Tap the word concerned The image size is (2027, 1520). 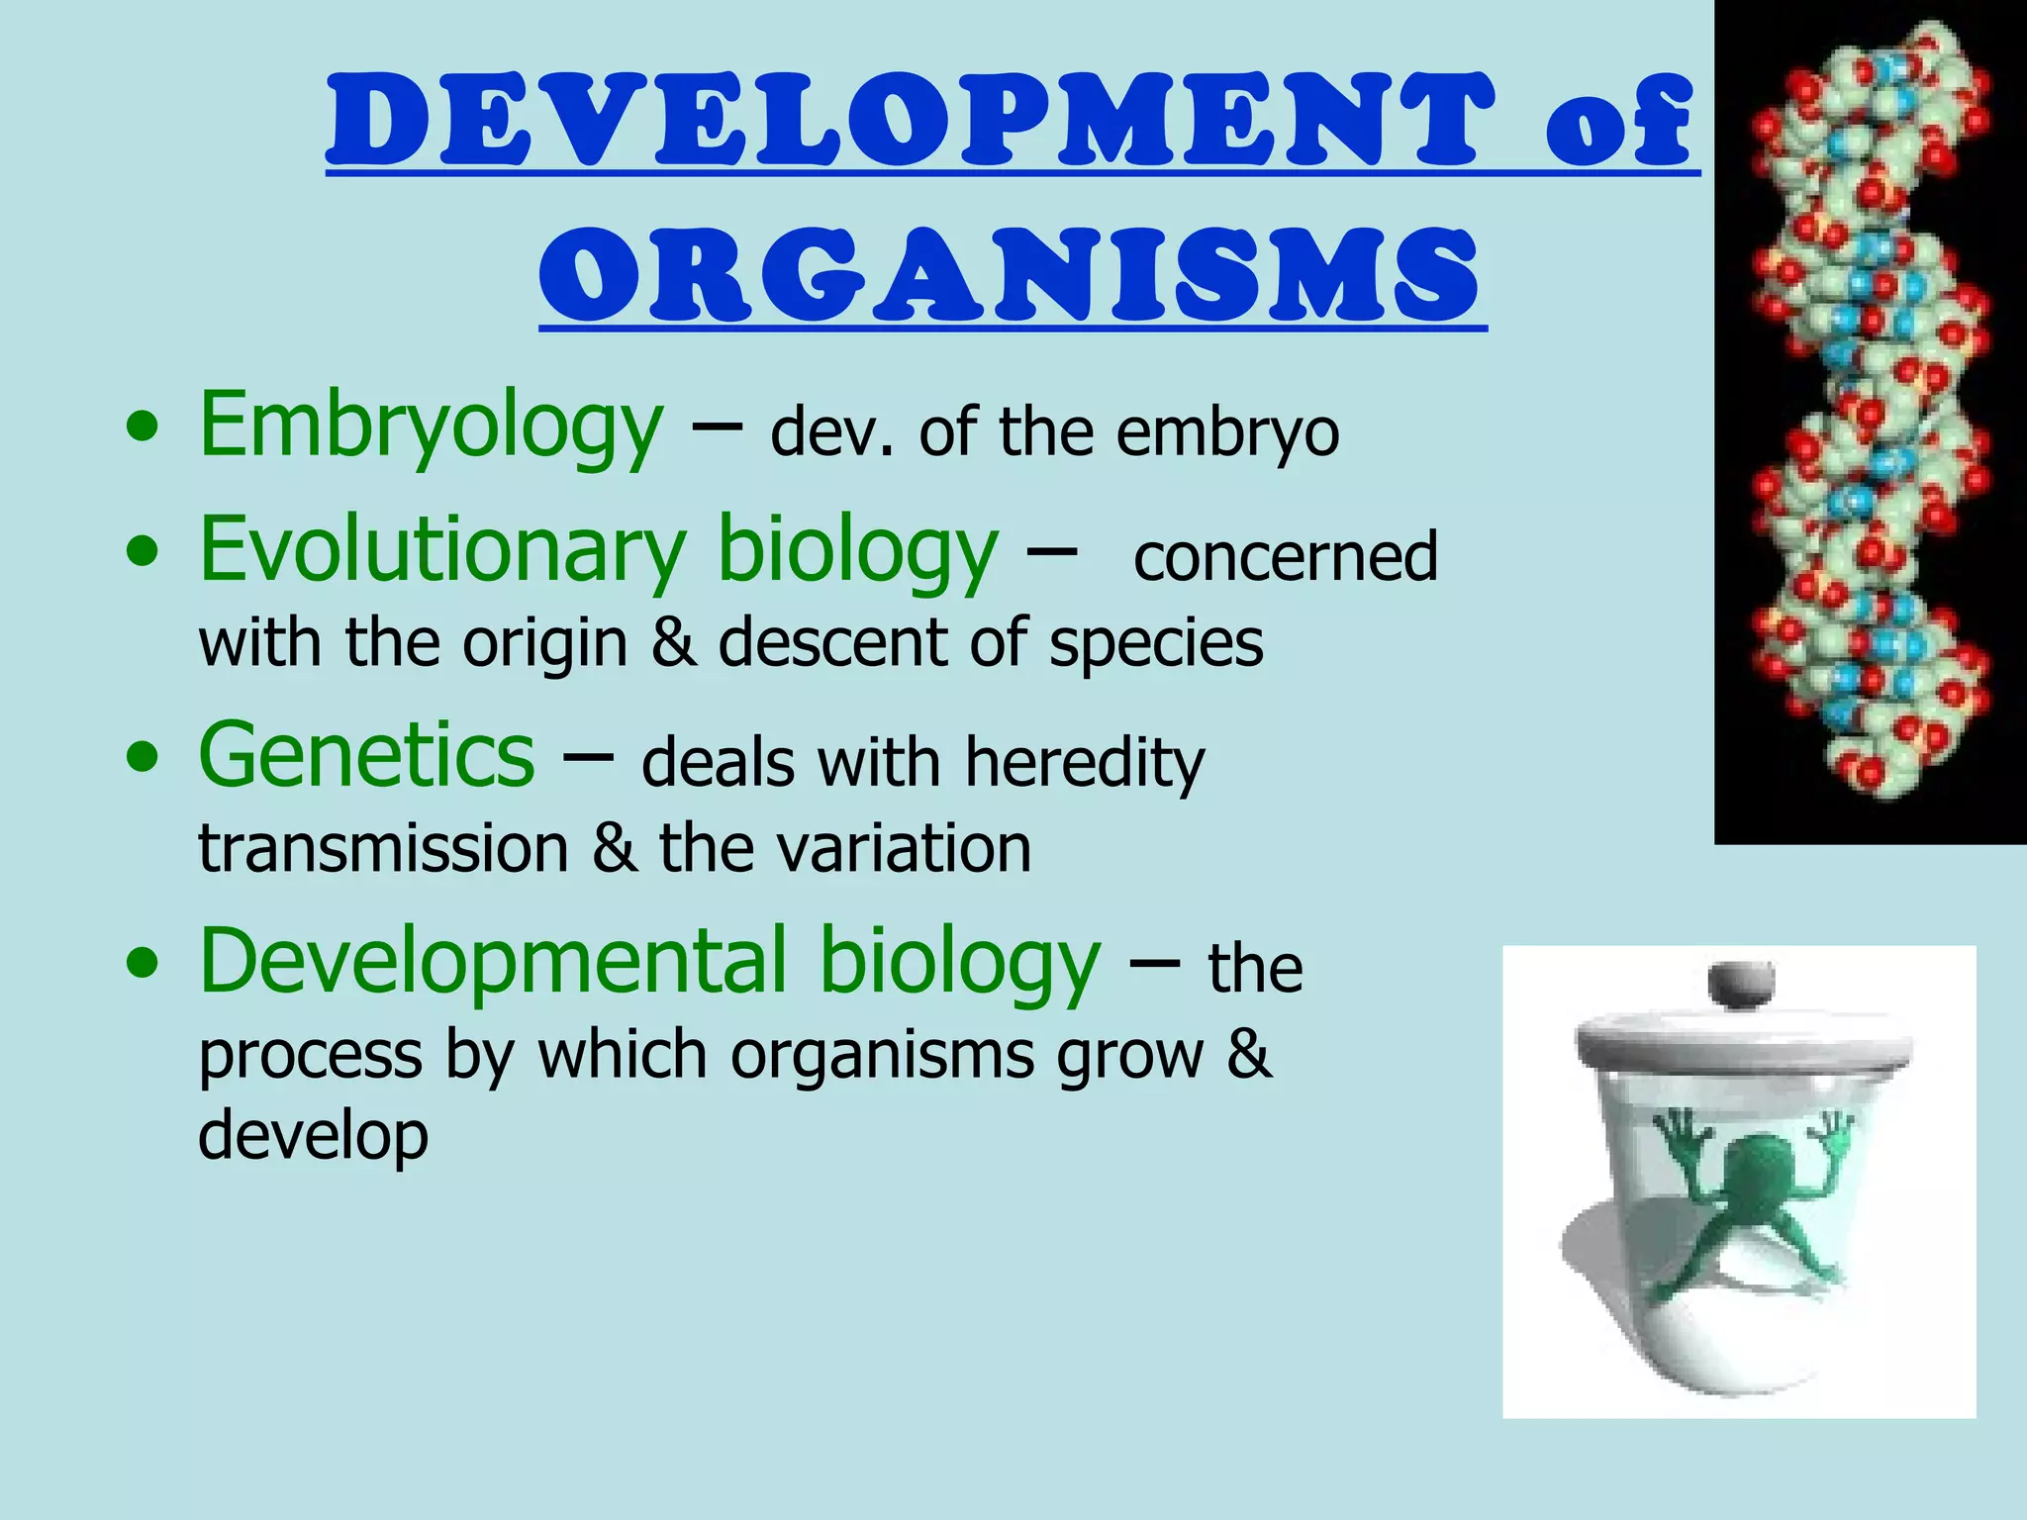tap(1285, 556)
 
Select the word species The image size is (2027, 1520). tap(1156, 643)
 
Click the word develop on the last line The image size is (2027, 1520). tap(313, 1136)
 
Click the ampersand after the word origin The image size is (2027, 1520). tap(673, 643)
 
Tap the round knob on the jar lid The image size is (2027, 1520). tap(1742, 984)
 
